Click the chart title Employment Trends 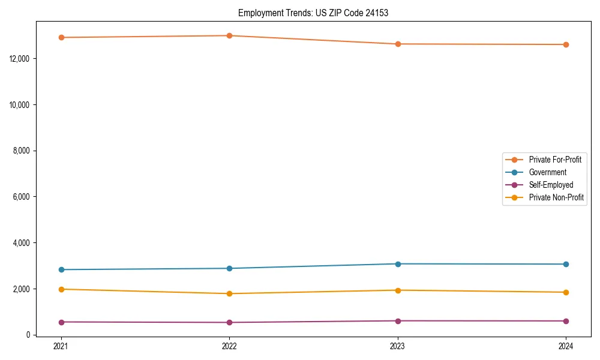(313, 13)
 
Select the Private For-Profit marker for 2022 (229, 35)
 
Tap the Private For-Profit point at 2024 (566, 44)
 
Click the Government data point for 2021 (61, 269)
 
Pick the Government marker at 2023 (398, 264)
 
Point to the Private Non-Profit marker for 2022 (229, 293)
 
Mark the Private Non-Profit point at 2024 (566, 292)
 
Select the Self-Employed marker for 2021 (61, 322)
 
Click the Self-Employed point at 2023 (398, 321)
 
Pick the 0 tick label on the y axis (28, 335)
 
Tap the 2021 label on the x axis (61, 346)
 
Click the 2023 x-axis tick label (398, 346)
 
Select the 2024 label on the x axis (566, 346)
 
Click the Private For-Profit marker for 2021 (61, 37)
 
